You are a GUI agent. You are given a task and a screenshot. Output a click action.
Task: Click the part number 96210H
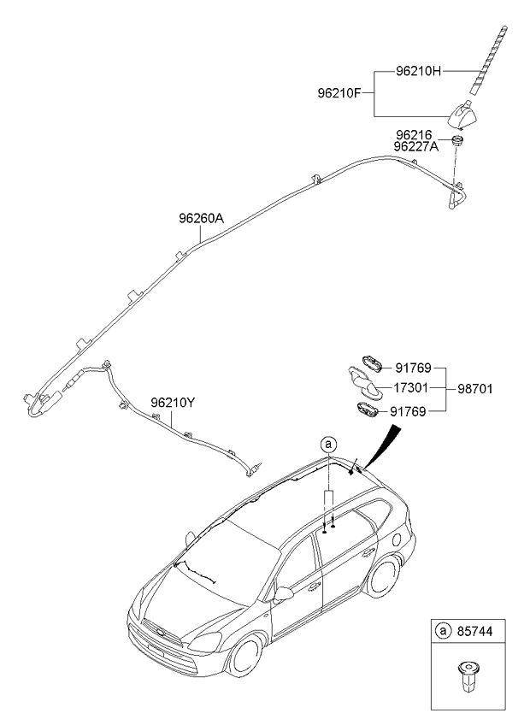click(419, 71)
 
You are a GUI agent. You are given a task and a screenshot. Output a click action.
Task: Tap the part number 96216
click(414, 135)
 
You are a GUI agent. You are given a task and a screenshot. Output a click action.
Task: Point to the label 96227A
click(416, 146)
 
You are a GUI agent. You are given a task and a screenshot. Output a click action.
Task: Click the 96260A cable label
click(201, 218)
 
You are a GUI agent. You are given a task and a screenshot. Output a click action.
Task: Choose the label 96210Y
click(173, 403)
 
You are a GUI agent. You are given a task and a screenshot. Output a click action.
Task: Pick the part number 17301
click(410, 388)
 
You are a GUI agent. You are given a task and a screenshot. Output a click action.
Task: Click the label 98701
click(475, 389)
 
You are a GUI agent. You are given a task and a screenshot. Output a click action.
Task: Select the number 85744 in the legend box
click(474, 631)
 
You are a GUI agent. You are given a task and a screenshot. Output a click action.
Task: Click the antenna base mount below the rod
click(463, 115)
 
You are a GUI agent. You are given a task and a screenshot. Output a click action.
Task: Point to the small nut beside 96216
click(457, 139)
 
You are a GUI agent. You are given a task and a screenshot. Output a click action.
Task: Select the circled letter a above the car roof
click(329, 445)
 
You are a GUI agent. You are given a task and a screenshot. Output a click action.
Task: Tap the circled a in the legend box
click(443, 631)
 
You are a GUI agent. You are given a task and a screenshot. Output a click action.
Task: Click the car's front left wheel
click(245, 656)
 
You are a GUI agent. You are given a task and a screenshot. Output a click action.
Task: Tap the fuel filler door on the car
click(397, 539)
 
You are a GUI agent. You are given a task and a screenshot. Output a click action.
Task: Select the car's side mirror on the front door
click(283, 594)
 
